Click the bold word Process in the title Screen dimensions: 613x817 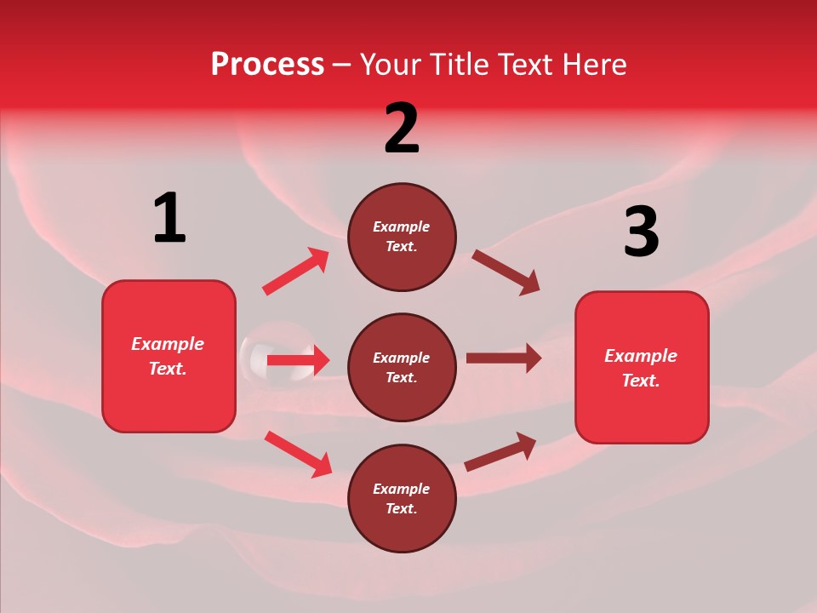[267, 65]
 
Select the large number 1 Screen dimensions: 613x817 [169, 219]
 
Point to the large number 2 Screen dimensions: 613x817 [402, 129]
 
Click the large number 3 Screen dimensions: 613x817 [641, 232]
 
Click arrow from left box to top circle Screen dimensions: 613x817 [295, 272]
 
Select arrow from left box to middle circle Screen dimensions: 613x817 [298, 360]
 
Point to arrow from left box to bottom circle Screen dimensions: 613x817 [298, 453]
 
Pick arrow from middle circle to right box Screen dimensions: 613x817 [503, 358]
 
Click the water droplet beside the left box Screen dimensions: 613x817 [252, 354]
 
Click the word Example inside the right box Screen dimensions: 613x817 [641, 356]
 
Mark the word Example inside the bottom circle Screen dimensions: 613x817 [402, 489]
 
